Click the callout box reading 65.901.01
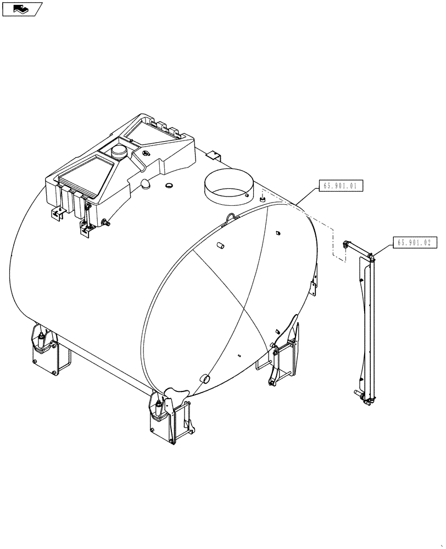[x=340, y=187]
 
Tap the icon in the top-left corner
[x=21, y=8]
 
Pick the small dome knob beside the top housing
[x=145, y=183]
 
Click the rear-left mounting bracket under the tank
[x=49, y=349]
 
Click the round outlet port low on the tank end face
[x=205, y=378]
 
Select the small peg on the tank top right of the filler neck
[x=263, y=196]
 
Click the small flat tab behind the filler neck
[x=216, y=155]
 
